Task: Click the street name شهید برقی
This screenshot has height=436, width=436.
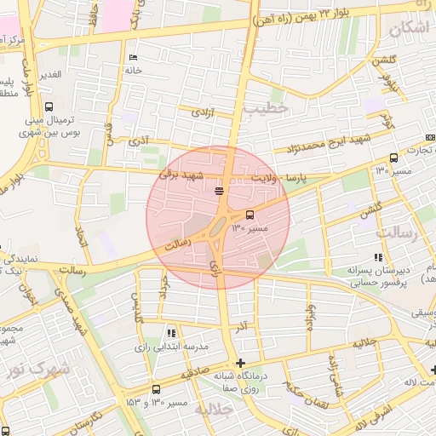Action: pyautogui.click(x=181, y=175)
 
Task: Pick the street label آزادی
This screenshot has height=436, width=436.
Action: pyautogui.click(x=202, y=112)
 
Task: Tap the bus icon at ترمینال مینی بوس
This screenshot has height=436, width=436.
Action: pyautogui.click(x=49, y=108)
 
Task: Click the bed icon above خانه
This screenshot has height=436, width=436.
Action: pyautogui.click(x=132, y=58)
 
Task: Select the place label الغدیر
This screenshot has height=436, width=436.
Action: pyautogui.click(x=50, y=75)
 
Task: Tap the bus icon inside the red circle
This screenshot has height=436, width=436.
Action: pyautogui.click(x=250, y=215)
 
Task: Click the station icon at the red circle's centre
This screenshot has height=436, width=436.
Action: pyautogui.click(x=219, y=191)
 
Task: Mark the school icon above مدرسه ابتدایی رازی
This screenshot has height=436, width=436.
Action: pyautogui.click(x=171, y=333)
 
